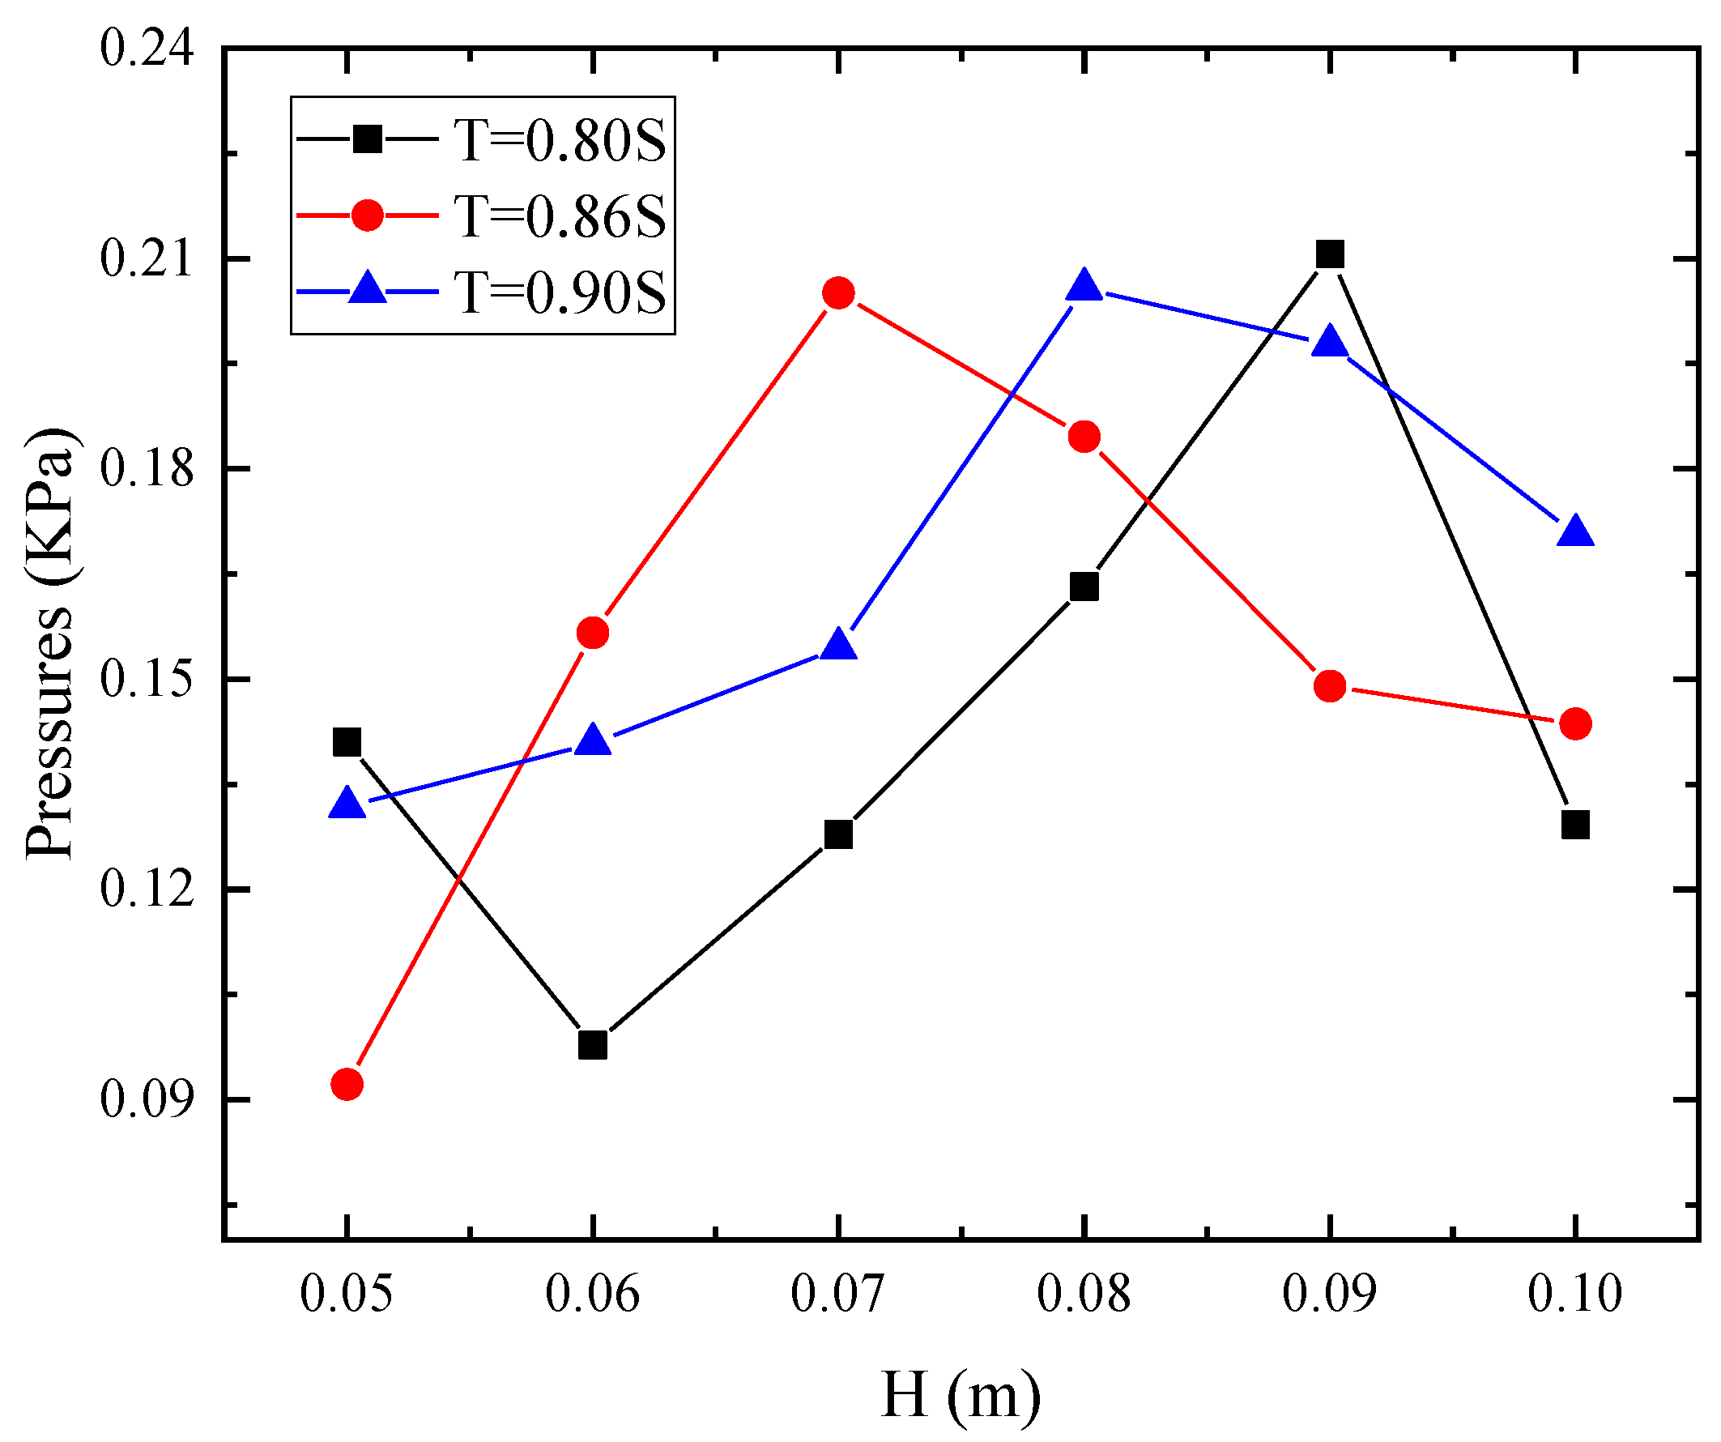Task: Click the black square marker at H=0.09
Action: [x=1329, y=254]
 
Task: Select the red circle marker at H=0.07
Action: [x=838, y=292]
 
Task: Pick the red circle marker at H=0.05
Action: [x=347, y=1085]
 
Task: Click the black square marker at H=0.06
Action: [x=593, y=1045]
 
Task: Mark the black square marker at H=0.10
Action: [x=1575, y=824]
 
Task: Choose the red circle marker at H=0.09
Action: [x=1329, y=685]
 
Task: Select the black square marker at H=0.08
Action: [x=1084, y=587]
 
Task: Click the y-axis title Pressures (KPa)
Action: [x=51, y=643]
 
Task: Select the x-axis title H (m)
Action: [x=961, y=1394]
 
